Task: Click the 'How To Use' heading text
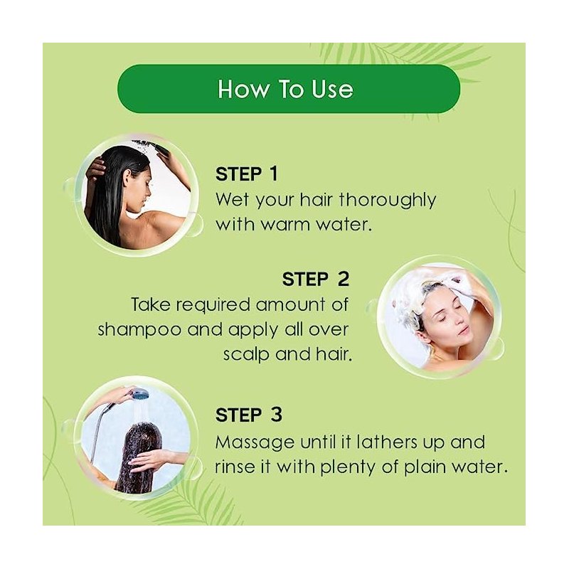tap(285, 89)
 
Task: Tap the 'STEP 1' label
tap(246, 174)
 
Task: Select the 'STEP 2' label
tap(315, 279)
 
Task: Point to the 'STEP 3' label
tap(248, 415)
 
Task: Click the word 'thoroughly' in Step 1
tap(388, 201)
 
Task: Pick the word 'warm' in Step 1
tap(285, 225)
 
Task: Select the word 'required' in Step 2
tap(213, 306)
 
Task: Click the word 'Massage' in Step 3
tap(255, 443)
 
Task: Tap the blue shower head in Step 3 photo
tap(139, 394)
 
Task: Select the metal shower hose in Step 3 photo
tap(99, 428)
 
